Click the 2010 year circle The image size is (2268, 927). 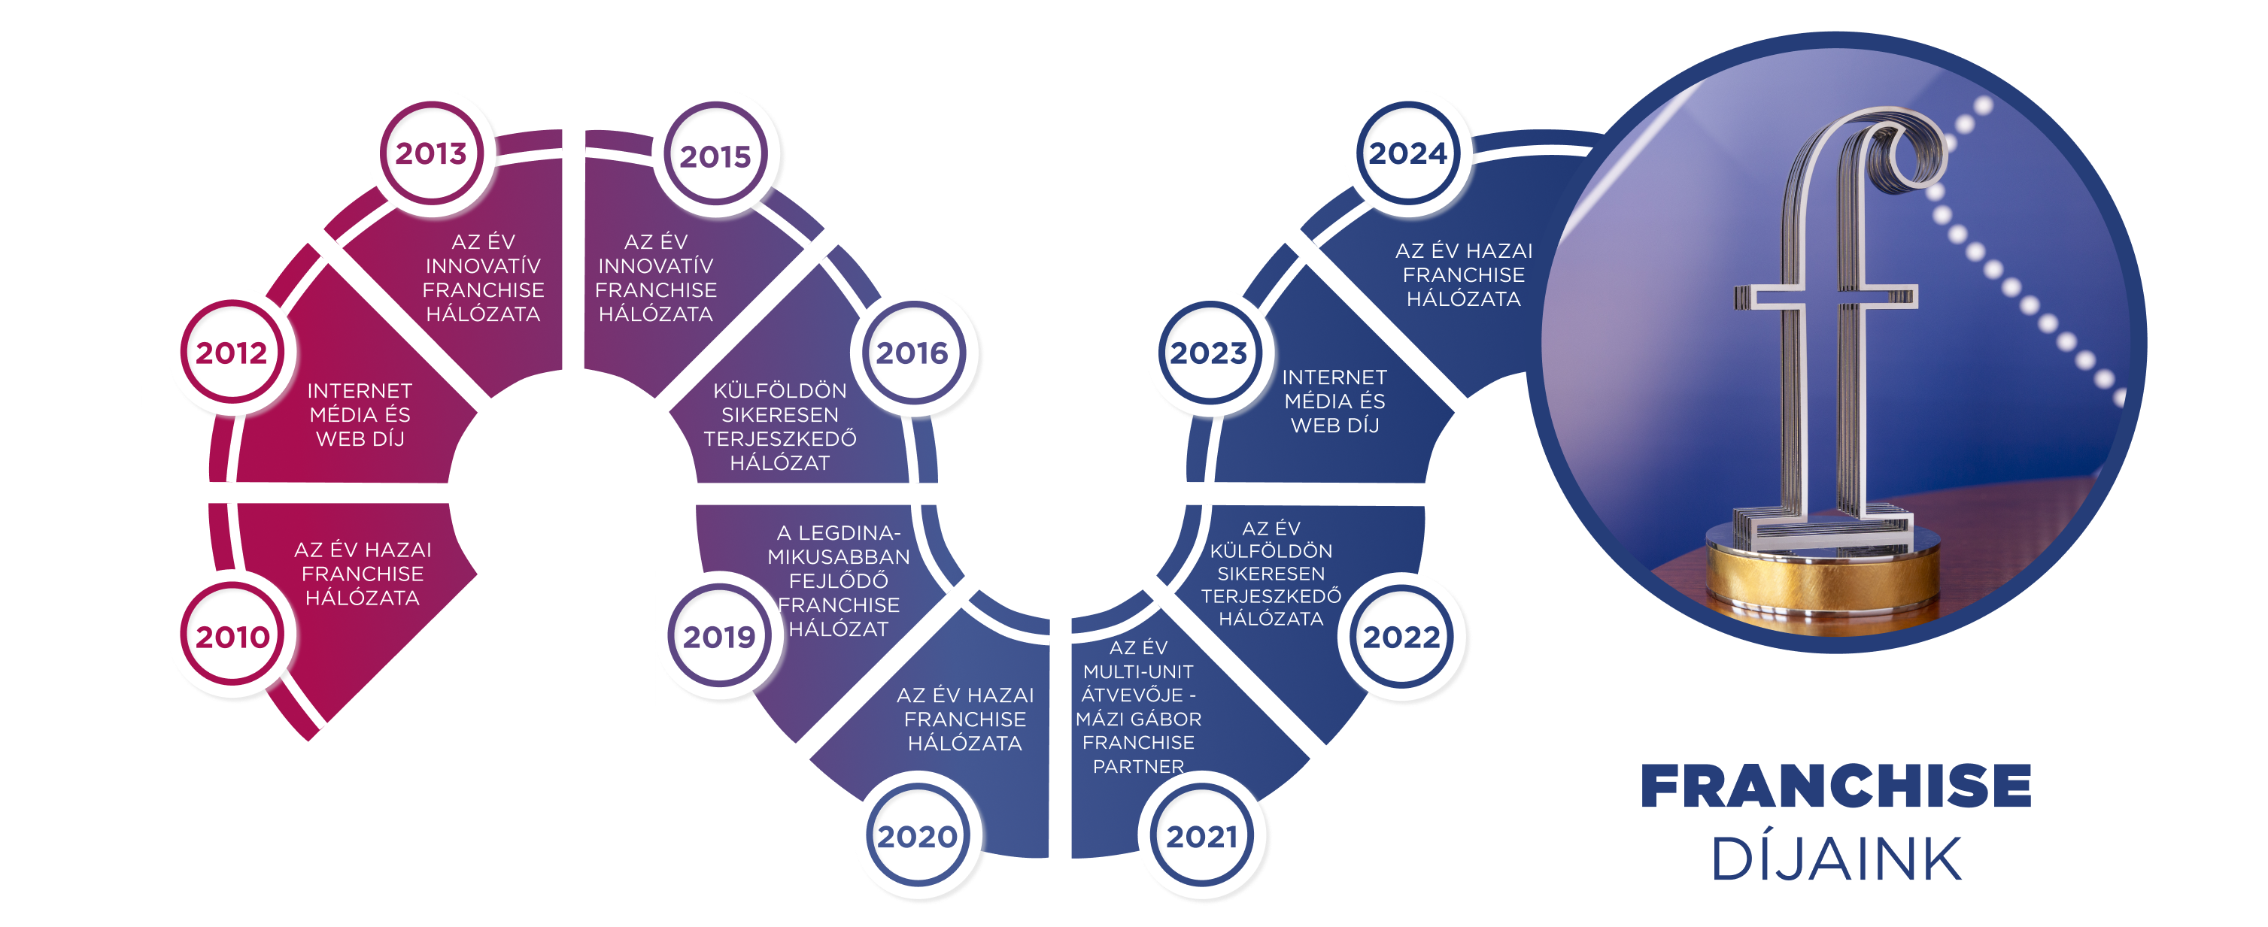[x=232, y=637]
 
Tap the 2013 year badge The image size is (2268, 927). [x=430, y=153]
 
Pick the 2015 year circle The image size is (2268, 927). [x=715, y=156]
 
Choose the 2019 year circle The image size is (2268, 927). [x=718, y=637]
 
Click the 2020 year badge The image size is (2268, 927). [x=916, y=835]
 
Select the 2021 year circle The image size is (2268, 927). [x=1202, y=835]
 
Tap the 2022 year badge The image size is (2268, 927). [x=1401, y=637]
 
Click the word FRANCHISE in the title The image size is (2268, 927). [x=1836, y=786]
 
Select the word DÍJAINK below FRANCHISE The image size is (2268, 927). [x=1836, y=859]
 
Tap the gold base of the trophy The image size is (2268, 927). [x=1823, y=577]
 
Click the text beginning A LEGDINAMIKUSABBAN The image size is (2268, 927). [x=838, y=580]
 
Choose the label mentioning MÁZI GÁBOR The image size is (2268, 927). [x=1138, y=707]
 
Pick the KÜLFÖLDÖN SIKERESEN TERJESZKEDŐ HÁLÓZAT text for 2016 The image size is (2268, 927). [x=780, y=426]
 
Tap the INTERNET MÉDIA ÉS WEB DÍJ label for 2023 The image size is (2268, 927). [x=1334, y=401]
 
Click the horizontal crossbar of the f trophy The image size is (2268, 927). [x=1827, y=297]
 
